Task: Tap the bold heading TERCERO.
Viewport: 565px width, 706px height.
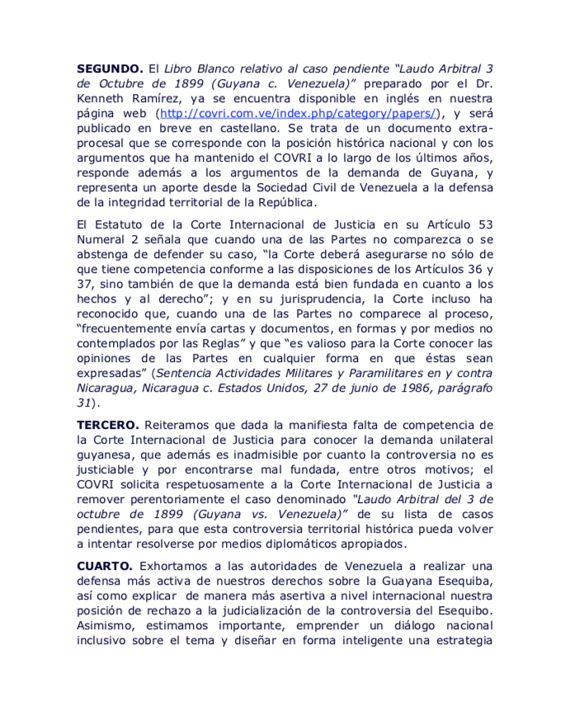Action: pos(106,425)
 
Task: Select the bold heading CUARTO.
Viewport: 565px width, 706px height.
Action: pos(104,567)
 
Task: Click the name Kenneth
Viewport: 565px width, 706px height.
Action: pos(102,99)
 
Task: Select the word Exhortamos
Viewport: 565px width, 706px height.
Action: pos(174,567)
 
